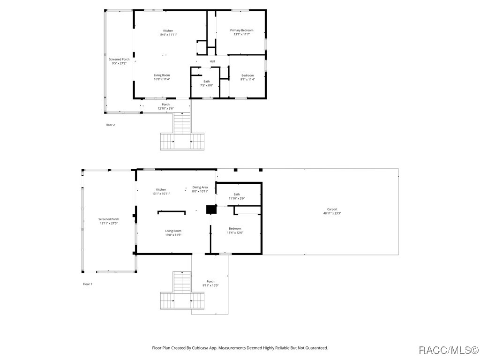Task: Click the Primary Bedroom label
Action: click(241, 30)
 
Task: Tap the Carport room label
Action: click(332, 210)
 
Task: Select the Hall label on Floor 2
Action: click(212, 61)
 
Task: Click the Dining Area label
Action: click(200, 187)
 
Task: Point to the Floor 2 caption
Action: click(110, 125)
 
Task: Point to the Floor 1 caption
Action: click(87, 284)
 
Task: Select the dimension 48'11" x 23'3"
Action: click(332, 213)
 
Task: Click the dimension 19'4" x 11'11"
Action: click(168, 34)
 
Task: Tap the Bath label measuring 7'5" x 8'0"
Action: click(206, 82)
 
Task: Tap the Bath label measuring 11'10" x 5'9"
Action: click(237, 195)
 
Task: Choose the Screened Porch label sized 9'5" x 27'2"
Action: click(119, 60)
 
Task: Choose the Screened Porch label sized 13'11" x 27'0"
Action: click(108, 219)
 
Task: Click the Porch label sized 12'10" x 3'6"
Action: click(165, 105)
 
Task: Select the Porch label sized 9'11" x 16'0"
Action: click(210, 282)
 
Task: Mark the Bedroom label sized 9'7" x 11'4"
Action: click(247, 75)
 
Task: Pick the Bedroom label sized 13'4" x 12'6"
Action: click(235, 229)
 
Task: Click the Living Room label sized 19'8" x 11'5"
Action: click(173, 231)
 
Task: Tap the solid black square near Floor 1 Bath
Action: click(212, 209)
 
